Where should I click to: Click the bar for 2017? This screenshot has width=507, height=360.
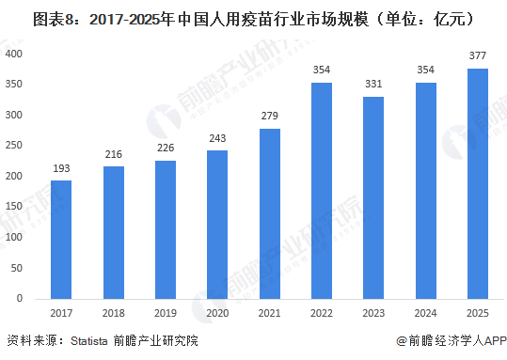(61, 239)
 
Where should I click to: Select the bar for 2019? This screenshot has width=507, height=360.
(165, 228)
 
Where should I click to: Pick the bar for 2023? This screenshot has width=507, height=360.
(373, 196)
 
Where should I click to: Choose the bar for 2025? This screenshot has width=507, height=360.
(478, 182)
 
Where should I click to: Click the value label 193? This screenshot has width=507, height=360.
(61, 169)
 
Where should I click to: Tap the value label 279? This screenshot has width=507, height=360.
(270, 117)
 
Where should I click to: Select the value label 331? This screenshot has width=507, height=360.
(373, 86)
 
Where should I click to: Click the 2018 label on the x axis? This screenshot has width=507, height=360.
(113, 313)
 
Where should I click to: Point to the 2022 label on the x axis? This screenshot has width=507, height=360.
(322, 313)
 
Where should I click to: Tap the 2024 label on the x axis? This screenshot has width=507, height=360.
(426, 313)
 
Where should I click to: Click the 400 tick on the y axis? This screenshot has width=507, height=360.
(14, 54)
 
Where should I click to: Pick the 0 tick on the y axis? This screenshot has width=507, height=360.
(20, 297)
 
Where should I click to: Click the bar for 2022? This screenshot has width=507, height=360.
(322, 190)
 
